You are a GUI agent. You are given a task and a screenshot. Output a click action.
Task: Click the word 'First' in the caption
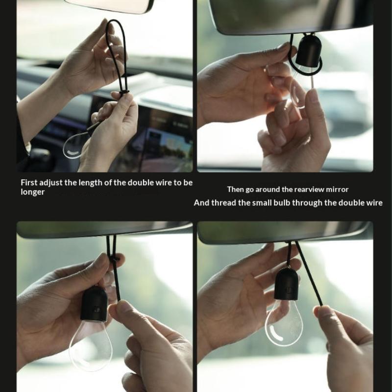pyautogui.click(x=29, y=182)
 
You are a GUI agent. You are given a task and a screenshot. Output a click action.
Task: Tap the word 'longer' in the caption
pyautogui.click(x=32, y=192)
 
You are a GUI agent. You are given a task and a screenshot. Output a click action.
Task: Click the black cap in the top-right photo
pyautogui.click(x=309, y=51)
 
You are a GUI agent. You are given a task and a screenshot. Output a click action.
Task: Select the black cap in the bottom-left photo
pyautogui.click(x=94, y=303)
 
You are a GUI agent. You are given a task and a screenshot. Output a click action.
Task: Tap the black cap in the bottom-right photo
pyautogui.click(x=287, y=284)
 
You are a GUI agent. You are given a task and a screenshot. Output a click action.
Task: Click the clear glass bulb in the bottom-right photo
pyautogui.click(x=284, y=322)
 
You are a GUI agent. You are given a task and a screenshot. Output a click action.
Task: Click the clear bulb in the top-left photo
pyautogui.click(x=74, y=146)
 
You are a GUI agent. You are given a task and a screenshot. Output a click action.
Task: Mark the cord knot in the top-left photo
pyautogui.click(x=124, y=93)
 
